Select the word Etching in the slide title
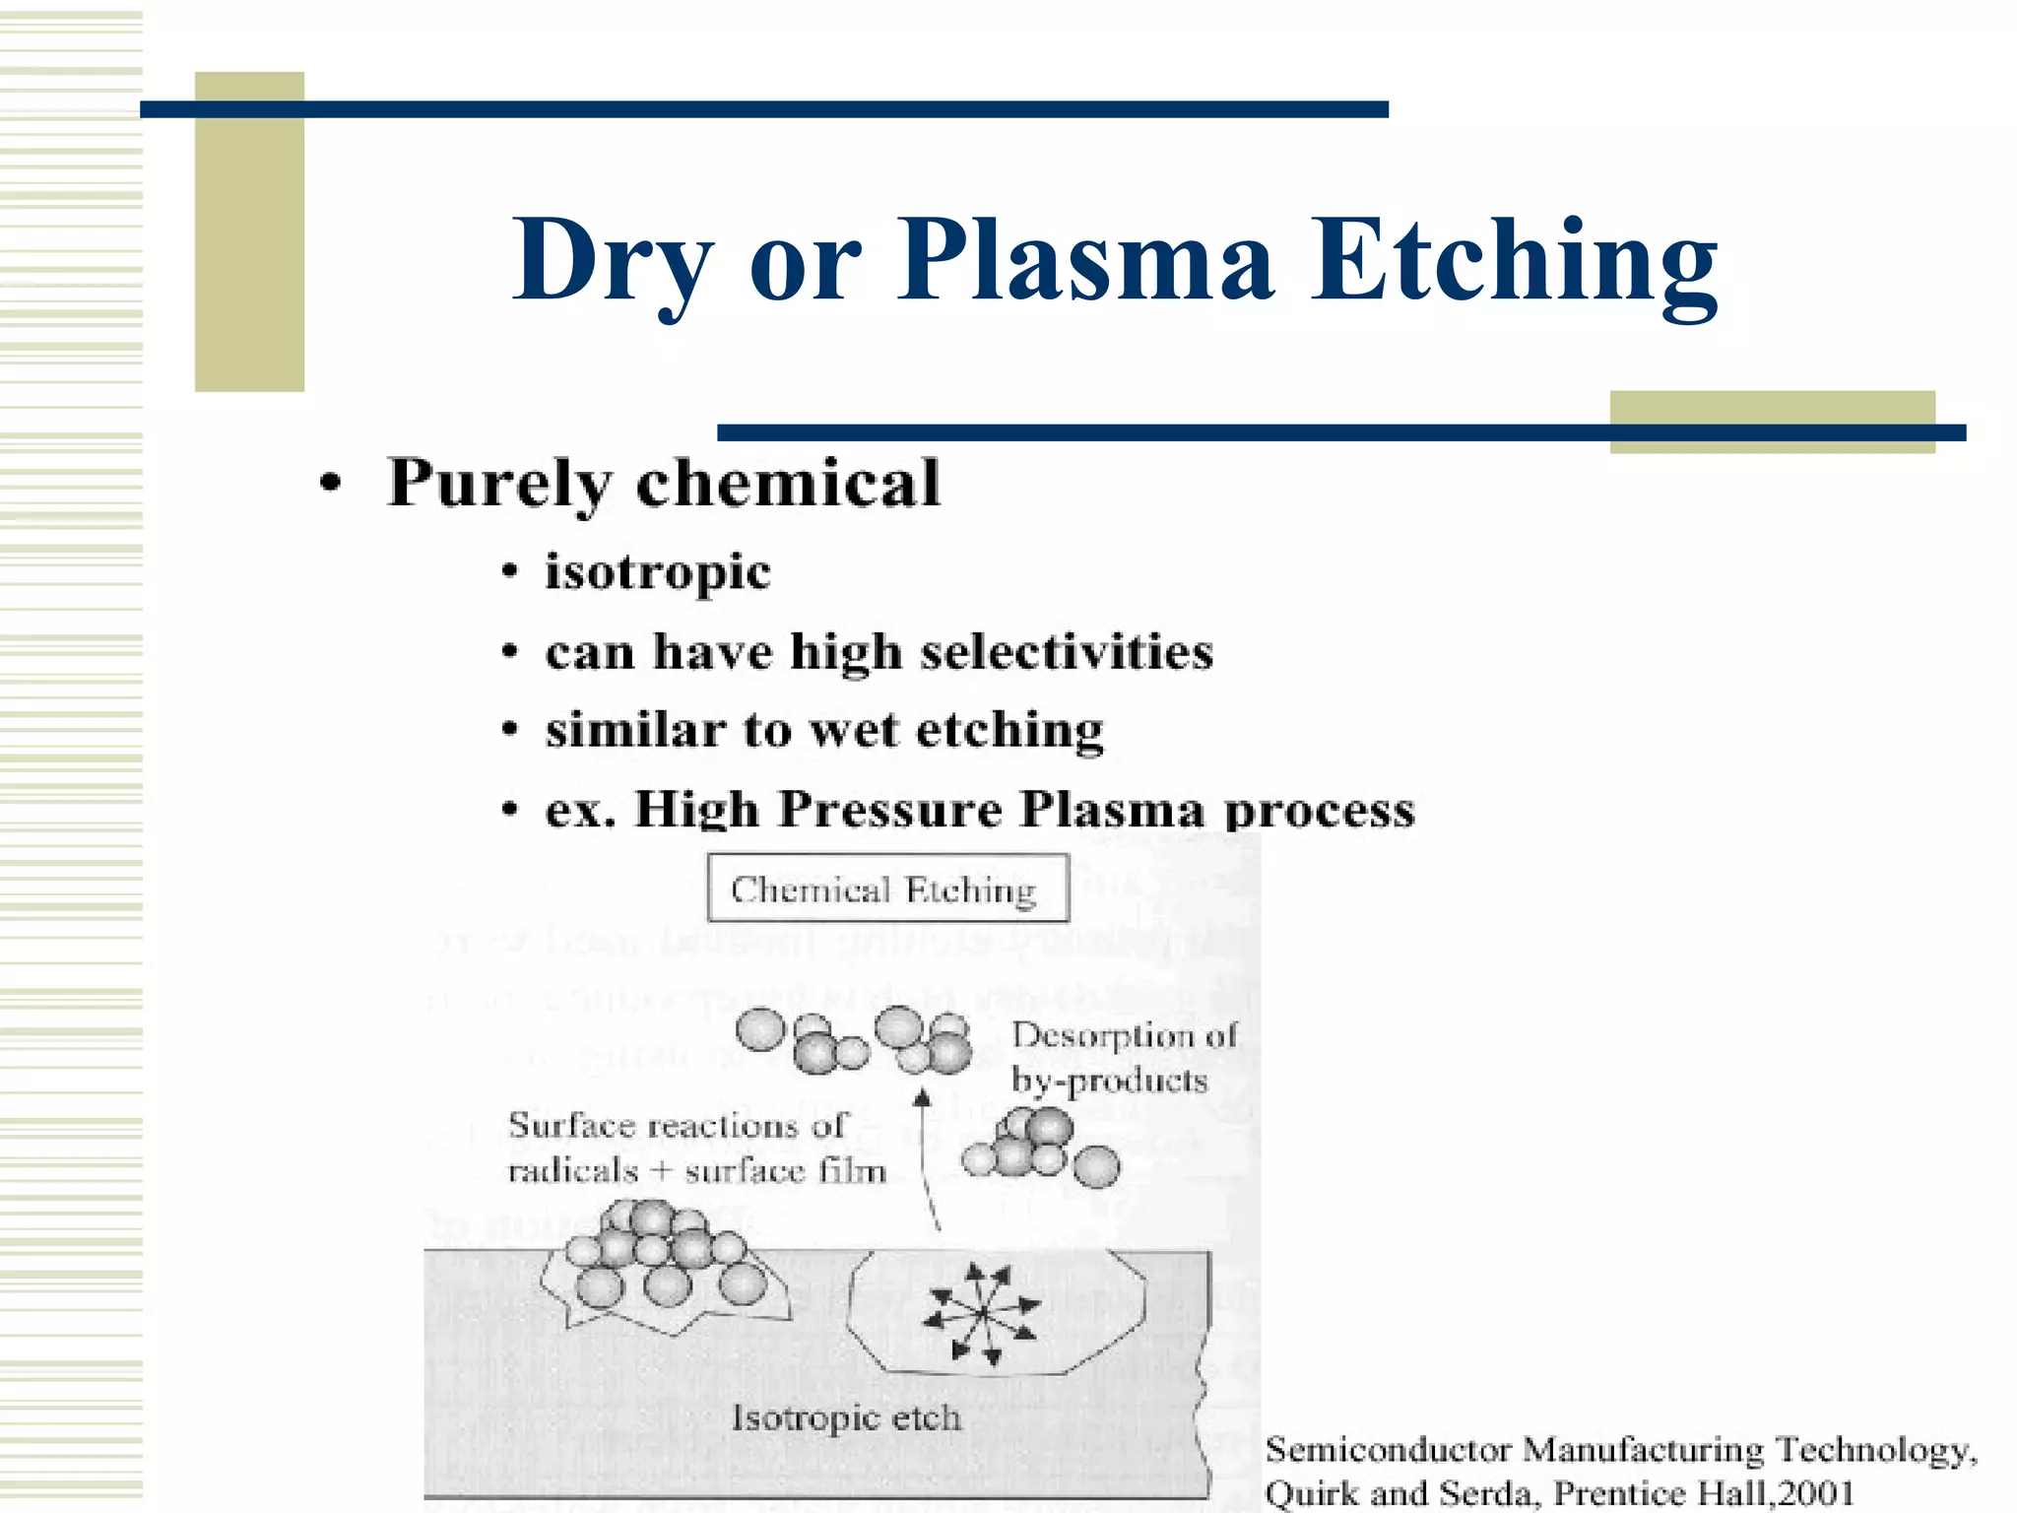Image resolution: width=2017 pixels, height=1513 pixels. pos(1515,260)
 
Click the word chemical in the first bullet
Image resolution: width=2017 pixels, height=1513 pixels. pos(788,483)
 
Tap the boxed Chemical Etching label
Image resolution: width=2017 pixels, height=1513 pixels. pos(887,888)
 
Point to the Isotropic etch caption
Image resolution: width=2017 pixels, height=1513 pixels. pos(846,1417)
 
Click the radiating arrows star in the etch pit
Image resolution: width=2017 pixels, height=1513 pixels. pos(982,1313)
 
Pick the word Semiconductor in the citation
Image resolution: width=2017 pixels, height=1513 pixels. pos(1388,1450)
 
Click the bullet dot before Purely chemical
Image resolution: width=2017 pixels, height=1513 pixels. pos(332,484)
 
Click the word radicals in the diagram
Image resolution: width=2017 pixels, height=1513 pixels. pos(572,1171)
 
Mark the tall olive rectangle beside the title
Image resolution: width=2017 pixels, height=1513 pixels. pos(249,232)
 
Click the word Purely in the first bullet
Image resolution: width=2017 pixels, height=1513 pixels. pos(498,484)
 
